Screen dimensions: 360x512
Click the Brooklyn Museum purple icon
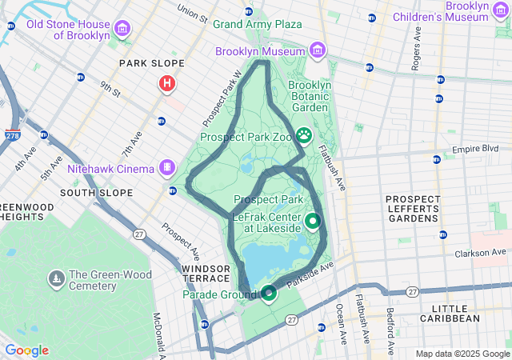pyautogui.click(x=318, y=52)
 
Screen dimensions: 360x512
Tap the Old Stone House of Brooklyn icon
pyautogui.click(x=122, y=30)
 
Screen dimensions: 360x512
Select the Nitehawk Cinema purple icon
pyautogui.click(x=166, y=168)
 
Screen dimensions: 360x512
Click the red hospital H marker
pyautogui.click(x=167, y=83)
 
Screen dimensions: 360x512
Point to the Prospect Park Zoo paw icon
pyautogui.click(x=304, y=135)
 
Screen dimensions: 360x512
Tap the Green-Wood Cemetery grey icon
pyautogui.click(x=57, y=279)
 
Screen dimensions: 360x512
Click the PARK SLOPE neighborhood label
pyautogui.click(x=151, y=63)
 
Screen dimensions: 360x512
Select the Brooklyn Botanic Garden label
pyautogui.click(x=309, y=96)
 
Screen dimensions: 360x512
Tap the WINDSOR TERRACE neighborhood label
pyautogui.click(x=206, y=273)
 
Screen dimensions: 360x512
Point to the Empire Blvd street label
pyautogui.click(x=475, y=149)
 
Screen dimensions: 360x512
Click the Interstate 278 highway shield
pyautogui.click(x=13, y=135)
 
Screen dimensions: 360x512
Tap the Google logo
pyautogui.click(x=26, y=350)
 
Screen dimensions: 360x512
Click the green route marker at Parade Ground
pyautogui.click(x=270, y=293)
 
